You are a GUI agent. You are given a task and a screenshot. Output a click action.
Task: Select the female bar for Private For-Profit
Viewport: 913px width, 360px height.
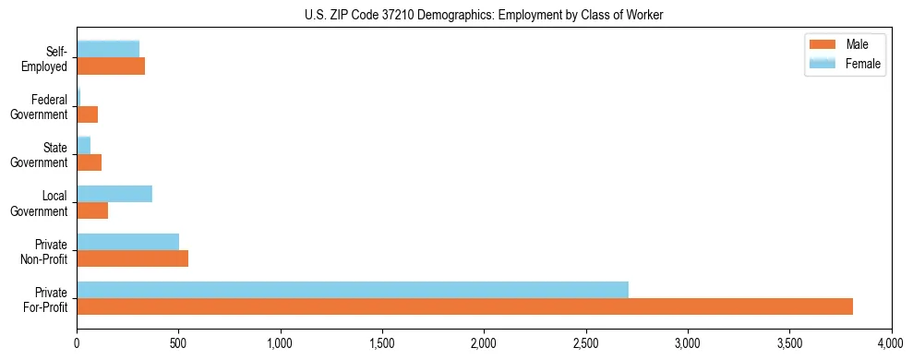tap(353, 290)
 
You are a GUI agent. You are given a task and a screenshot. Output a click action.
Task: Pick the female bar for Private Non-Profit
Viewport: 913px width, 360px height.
tap(127, 242)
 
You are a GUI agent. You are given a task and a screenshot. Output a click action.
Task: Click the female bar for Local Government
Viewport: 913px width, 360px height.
tap(114, 194)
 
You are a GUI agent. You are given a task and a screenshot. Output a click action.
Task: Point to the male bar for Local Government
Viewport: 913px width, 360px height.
tap(92, 210)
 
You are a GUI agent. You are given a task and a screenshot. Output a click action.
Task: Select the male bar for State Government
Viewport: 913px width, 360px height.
tap(89, 162)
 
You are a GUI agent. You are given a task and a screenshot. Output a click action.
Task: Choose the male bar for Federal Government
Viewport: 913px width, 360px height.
tap(87, 114)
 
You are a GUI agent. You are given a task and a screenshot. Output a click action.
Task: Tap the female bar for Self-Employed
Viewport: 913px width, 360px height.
tap(108, 49)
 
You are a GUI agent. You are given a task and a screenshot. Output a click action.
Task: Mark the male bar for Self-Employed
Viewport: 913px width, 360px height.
tap(111, 66)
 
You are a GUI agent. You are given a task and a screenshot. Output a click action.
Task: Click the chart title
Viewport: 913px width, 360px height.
tap(484, 15)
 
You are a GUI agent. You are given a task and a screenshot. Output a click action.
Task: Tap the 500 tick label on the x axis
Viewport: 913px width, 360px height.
tap(178, 342)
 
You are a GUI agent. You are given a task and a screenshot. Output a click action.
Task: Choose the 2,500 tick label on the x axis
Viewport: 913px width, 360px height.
tap(585, 342)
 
